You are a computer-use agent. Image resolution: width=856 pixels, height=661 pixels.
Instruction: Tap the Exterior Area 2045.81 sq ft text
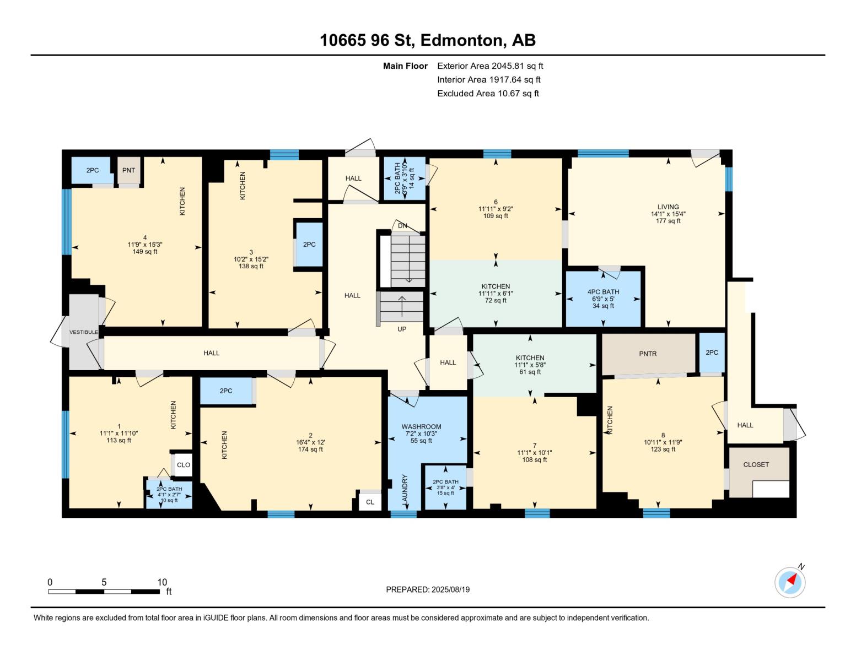(489, 66)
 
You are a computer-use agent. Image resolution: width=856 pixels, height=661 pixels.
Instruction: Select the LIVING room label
(668, 207)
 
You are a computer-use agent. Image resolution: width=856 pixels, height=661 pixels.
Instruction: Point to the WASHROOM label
(421, 426)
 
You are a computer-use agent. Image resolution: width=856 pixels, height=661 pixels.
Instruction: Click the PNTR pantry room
(648, 354)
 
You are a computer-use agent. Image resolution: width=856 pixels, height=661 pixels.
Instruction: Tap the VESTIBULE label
(83, 332)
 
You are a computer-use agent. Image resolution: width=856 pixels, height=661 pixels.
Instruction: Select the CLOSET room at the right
(756, 464)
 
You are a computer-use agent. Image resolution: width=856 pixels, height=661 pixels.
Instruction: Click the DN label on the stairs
(402, 226)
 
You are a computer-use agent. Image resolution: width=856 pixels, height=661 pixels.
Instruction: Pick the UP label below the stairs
(402, 329)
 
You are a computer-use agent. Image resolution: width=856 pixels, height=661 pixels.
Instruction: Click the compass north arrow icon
(790, 582)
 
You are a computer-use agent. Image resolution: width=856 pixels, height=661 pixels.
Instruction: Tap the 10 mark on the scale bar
(162, 582)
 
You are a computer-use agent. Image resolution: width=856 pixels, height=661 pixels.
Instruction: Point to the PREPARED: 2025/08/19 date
(428, 589)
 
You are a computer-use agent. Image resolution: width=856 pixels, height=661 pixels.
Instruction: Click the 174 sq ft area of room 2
(310, 449)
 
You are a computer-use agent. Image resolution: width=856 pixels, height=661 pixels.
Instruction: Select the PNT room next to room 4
(128, 170)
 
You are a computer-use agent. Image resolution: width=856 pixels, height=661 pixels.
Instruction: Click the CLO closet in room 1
(184, 465)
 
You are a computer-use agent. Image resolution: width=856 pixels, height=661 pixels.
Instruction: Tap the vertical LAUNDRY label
(405, 490)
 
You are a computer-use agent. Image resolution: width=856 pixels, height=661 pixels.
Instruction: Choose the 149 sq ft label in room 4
(145, 252)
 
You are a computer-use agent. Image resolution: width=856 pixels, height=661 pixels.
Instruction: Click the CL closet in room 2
(370, 502)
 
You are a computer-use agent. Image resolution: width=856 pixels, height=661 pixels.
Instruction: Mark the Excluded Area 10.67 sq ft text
(488, 93)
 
